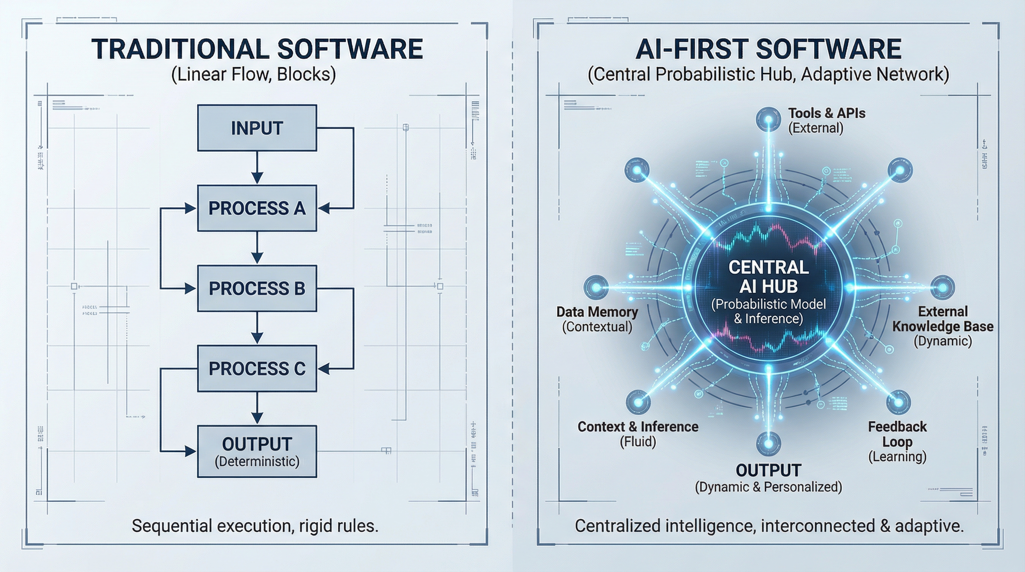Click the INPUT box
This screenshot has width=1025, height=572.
[x=257, y=128]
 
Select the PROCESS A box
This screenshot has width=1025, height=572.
[x=257, y=208]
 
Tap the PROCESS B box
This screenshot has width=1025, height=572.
[x=257, y=288]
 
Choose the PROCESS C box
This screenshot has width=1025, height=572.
[x=257, y=368]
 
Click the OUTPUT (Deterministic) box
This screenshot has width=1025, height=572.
[x=257, y=451]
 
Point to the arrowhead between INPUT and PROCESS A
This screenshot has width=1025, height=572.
[x=257, y=177]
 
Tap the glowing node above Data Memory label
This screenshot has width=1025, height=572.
[x=596, y=287]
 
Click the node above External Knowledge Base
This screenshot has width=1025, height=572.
[x=942, y=287]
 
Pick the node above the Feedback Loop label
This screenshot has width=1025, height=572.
[x=898, y=402]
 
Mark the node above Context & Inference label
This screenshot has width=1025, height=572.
[x=638, y=402]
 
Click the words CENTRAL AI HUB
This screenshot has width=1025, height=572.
[x=768, y=276]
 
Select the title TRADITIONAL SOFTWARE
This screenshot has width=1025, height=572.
[x=257, y=49]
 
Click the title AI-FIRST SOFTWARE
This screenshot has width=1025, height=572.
[x=768, y=49]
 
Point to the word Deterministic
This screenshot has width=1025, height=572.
[x=257, y=461]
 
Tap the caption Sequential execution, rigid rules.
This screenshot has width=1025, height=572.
[x=255, y=526]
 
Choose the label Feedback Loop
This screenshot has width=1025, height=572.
[x=897, y=434]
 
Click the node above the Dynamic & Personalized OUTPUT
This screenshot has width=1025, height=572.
[x=768, y=444]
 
